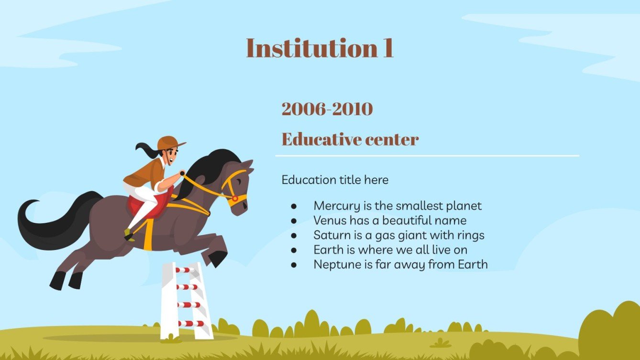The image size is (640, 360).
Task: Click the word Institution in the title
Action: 306,48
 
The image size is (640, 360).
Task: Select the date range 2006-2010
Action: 327,109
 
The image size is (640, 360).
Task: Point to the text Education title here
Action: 335,180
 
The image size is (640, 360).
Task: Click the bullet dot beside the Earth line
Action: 294,250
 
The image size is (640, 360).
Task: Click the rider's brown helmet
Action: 169,142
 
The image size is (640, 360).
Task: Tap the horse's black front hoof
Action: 218,259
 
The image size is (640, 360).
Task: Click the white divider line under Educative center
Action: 427,156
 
